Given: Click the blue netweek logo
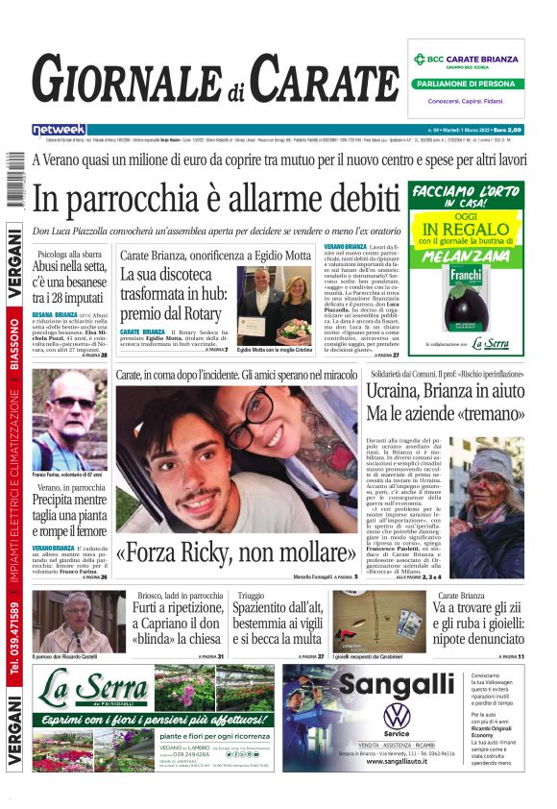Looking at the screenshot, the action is pyautogui.click(x=59, y=130).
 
